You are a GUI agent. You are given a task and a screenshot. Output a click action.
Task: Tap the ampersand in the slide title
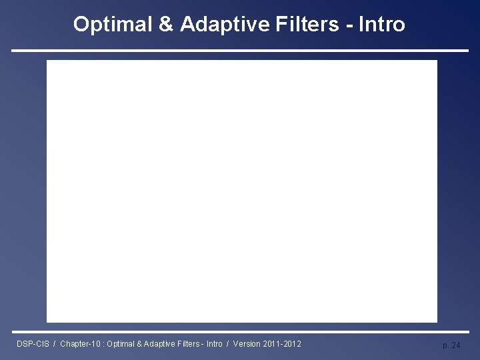[165, 25]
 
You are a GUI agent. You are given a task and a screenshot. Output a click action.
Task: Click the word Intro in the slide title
[381, 25]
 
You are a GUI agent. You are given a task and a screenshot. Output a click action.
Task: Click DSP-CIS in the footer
[32, 344]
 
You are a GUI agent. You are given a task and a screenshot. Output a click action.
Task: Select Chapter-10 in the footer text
[79, 344]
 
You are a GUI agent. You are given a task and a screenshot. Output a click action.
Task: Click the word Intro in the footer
[215, 344]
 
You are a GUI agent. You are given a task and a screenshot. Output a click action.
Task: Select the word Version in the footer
[247, 344]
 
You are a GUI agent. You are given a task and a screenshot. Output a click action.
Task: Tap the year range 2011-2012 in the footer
[282, 344]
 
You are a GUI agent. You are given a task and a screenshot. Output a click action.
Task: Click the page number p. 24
[451, 345]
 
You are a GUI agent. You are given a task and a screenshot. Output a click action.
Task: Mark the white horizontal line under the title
[240, 51]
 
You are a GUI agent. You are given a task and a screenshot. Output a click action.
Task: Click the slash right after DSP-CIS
[54, 344]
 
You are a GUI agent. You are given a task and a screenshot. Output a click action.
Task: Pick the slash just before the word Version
[228, 344]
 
